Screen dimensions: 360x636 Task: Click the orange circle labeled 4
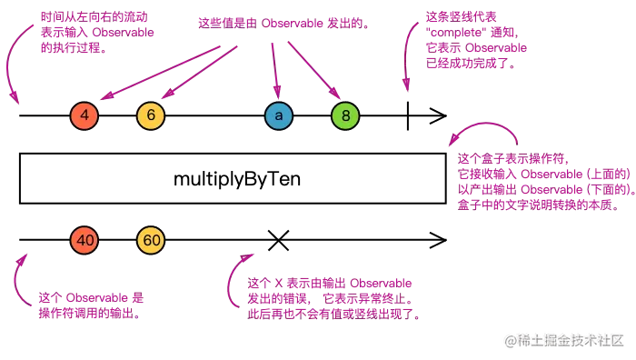click(x=84, y=116)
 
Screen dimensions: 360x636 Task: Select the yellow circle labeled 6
click(x=151, y=116)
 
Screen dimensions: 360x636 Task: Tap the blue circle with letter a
click(x=278, y=116)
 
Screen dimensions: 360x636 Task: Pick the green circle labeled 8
click(x=345, y=116)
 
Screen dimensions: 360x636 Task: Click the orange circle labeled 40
click(x=84, y=240)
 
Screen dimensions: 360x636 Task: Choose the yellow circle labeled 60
click(x=151, y=240)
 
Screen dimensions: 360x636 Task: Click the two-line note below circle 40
click(x=91, y=305)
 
